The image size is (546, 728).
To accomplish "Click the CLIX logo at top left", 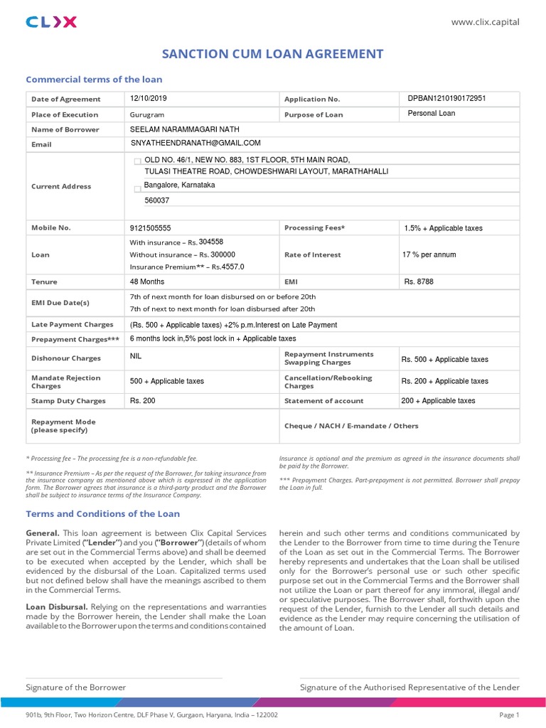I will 51,22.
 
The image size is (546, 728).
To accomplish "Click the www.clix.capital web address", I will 486,22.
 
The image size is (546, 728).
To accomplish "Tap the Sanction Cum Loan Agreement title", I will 273,54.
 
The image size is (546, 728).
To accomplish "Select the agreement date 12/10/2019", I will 148,98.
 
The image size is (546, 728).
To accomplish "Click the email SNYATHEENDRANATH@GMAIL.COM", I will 196,143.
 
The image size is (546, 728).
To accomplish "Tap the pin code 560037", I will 157,200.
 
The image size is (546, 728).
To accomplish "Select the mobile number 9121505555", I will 151,228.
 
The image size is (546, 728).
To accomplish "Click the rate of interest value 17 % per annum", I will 430,255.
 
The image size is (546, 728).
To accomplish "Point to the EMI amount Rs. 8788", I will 419,282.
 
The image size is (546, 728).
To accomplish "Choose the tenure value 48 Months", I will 147,282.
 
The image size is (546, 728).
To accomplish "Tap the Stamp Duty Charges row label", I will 68,401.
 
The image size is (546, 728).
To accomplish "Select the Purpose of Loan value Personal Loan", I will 432,113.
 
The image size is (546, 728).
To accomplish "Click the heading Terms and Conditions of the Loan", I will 103,513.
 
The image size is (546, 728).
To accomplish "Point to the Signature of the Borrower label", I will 76,687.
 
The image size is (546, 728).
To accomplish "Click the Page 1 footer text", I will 510,715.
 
